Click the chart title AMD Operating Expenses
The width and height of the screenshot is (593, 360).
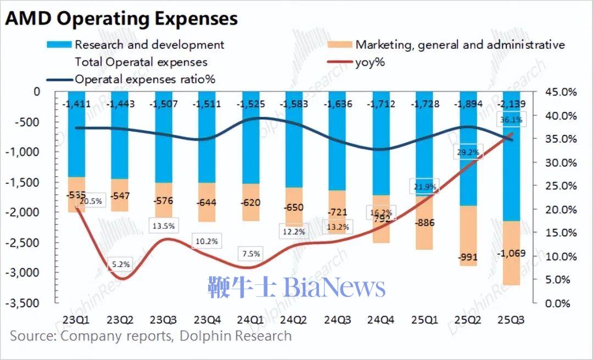coord(121,18)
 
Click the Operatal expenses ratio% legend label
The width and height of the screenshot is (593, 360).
coord(145,79)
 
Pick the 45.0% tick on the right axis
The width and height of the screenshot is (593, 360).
coord(561,92)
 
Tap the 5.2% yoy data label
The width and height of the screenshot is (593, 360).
coord(121,264)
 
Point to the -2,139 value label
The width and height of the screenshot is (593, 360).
coord(511,104)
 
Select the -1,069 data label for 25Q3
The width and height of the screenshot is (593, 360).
coord(511,254)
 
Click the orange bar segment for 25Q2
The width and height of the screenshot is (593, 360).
coord(468,236)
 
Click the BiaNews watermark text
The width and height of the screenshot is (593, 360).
coord(296,288)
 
